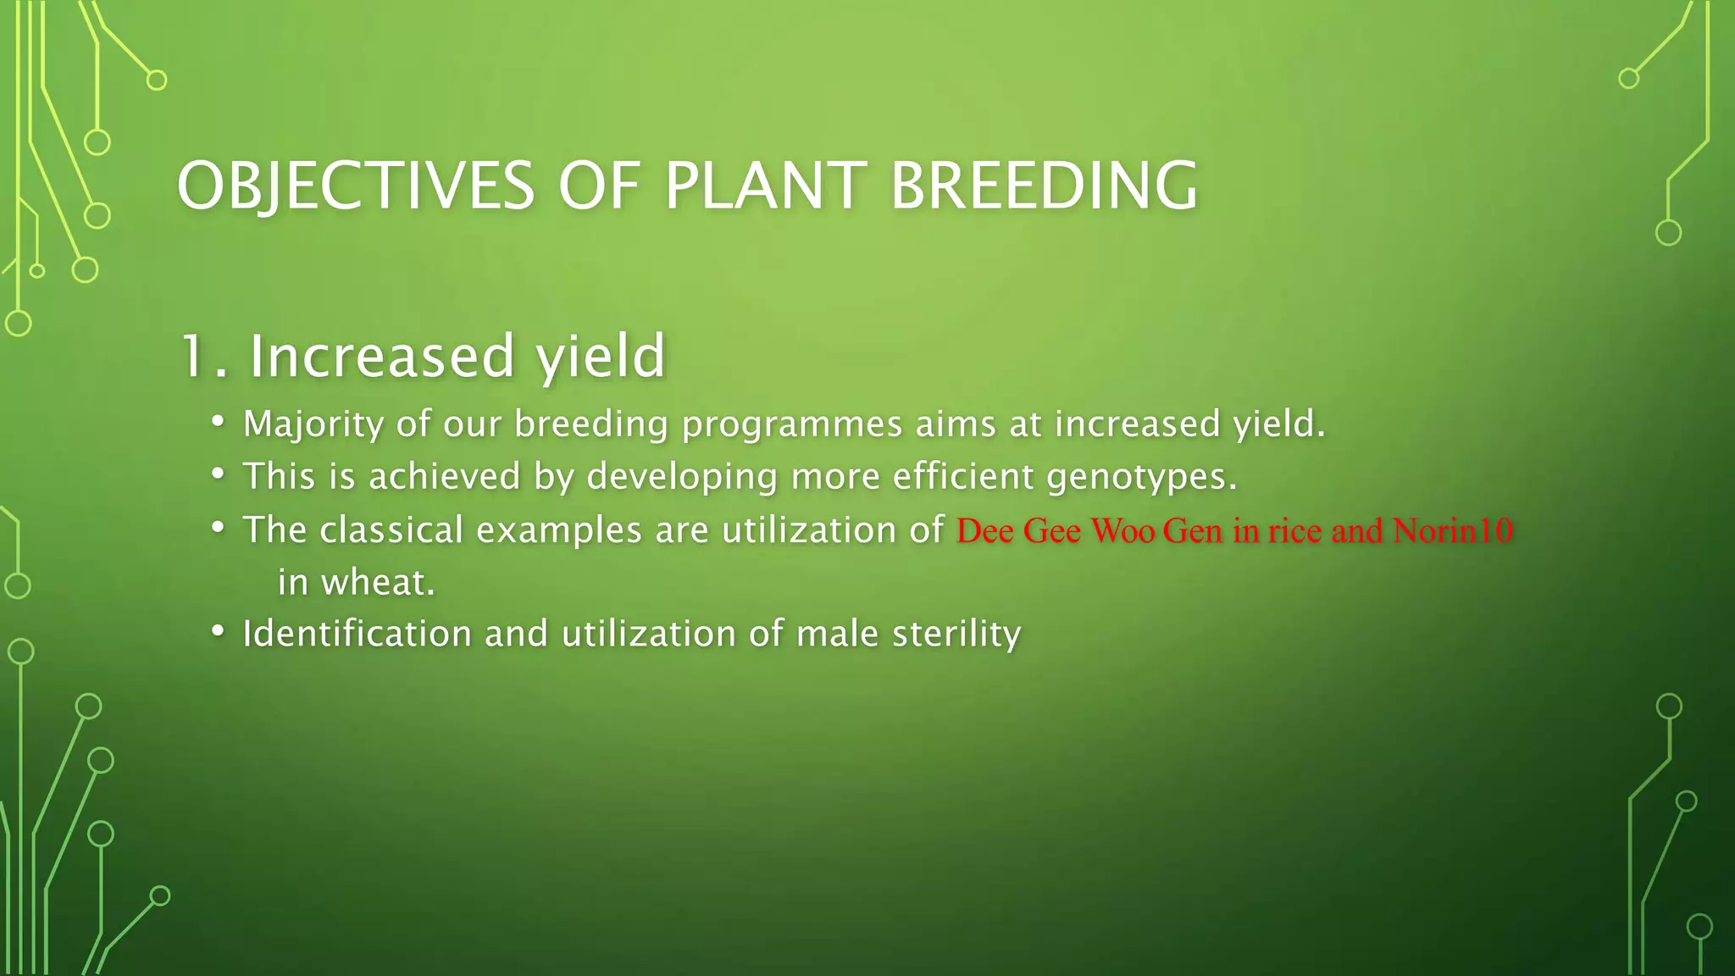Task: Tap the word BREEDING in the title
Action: (x=1044, y=186)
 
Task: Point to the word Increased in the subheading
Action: (x=381, y=356)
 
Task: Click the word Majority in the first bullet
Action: (x=313, y=424)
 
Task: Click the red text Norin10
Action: (x=1452, y=530)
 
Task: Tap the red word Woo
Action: (x=1122, y=530)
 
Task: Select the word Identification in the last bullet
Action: (x=357, y=634)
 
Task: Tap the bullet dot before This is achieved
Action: (x=219, y=474)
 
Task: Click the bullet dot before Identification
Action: (x=219, y=631)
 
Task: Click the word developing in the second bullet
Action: (x=681, y=477)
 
